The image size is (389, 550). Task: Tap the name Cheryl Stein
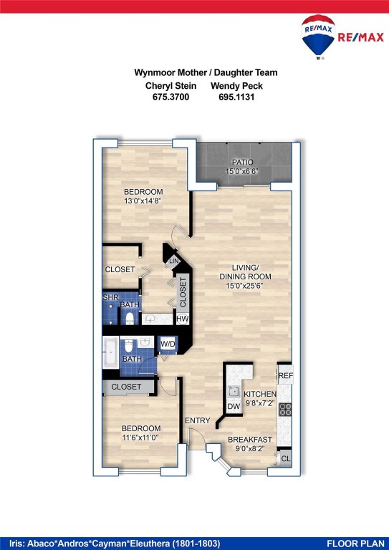pos(171,86)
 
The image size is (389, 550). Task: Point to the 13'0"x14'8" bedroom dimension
pos(143,201)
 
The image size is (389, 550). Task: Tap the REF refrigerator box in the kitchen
pos(285,375)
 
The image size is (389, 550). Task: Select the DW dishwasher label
pos(234,407)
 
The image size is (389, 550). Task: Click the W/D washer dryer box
pos(168,344)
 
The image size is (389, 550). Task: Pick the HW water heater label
pos(183,319)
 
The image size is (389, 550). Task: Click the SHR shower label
pos(110,297)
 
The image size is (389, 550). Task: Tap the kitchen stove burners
pos(285,410)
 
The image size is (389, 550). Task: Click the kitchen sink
pos(234,391)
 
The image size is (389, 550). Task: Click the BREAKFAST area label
pos(250,440)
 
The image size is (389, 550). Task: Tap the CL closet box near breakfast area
pos(285,459)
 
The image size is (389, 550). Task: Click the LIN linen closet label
pos(173,262)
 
